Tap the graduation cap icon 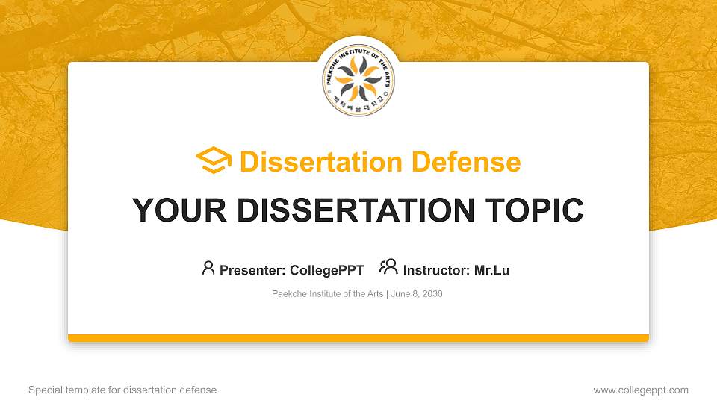[x=214, y=161]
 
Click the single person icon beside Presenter [x=208, y=268]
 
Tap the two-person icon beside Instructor [x=388, y=267]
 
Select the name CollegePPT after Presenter [x=326, y=270]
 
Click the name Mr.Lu [x=492, y=270]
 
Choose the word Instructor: [x=437, y=270]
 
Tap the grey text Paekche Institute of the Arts [x=327, y=294]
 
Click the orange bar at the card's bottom [x=358, y=338]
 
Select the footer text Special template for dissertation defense [x=122, y=390]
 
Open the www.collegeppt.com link [x=641, y=390]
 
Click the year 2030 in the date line [x=432, y=294]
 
